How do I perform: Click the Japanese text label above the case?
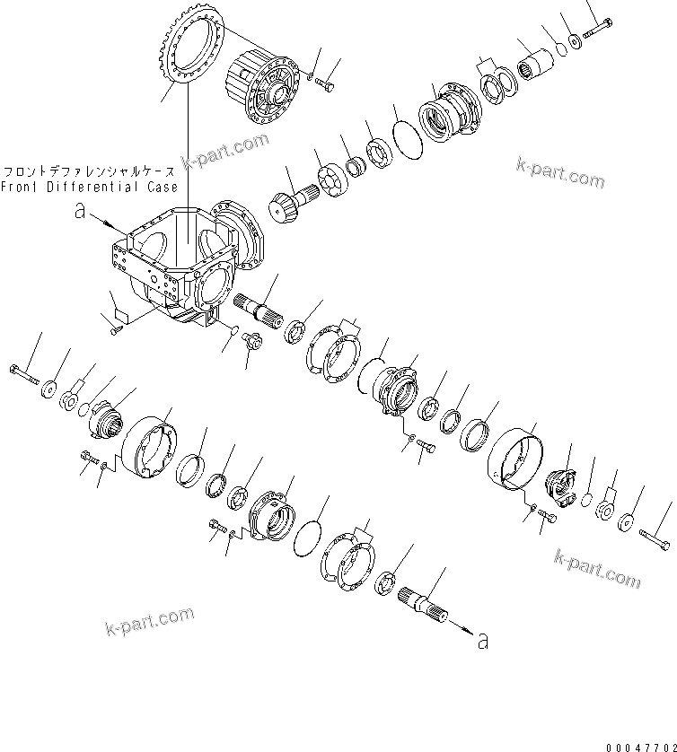point(89,171)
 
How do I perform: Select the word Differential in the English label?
point(88,187)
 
